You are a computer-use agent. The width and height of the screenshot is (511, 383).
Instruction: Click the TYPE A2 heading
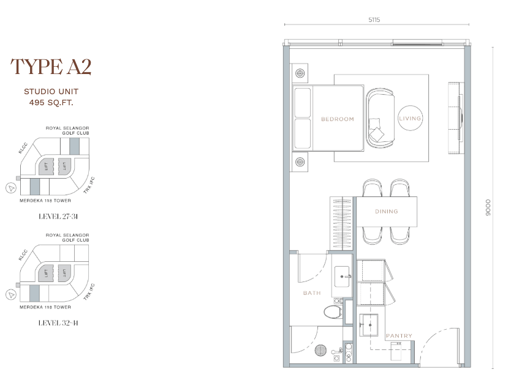[x=51, y=67]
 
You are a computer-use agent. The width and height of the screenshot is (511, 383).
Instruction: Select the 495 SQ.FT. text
[x=51, y=103]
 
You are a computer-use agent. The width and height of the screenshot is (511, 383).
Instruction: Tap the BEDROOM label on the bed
[x=338, y=119]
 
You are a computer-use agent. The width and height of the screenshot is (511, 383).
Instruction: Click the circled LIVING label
[x=410, y=119]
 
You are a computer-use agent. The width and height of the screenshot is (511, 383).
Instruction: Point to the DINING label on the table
[x=387, y=212]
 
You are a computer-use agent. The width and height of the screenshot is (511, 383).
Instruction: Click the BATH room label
[x=312, y=293]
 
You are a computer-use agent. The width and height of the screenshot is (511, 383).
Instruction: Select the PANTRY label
[x=399, y=335]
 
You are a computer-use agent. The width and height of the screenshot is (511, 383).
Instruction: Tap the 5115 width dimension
[x=374, y=20]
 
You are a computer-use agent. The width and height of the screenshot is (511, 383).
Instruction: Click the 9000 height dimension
[x=488, y=207]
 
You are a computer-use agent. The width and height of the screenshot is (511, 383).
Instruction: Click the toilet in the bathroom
[x=333, y=312]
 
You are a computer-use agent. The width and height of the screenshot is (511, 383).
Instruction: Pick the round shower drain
[x=321, y=350]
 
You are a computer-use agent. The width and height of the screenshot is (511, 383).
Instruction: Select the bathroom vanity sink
[x=342, y=277]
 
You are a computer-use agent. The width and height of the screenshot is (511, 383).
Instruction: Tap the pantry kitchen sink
[x=369, y=325]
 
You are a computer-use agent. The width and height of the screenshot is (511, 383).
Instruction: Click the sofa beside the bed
[x=380, y=118]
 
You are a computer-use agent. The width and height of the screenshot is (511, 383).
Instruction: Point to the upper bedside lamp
[x=300, y=73]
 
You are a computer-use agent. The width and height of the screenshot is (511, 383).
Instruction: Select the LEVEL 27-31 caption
[x=58, y=217]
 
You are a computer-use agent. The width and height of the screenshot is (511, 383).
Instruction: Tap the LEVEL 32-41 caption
[x=58, y=323]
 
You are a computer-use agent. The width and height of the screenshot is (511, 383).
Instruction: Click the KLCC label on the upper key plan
[x=23, y=148]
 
